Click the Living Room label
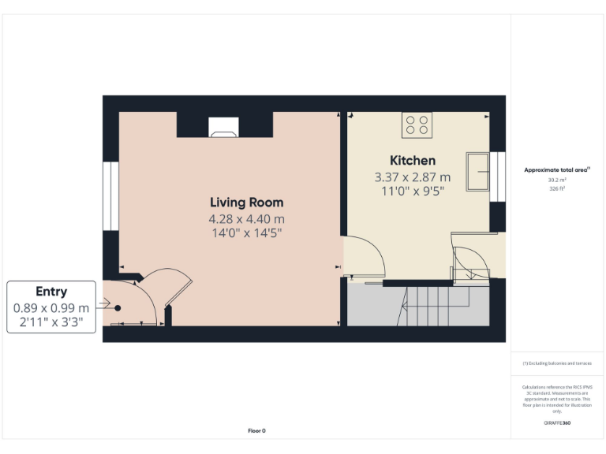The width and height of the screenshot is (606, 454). [x=246, y=203]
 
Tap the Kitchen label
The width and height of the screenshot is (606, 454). [x=412, y=161]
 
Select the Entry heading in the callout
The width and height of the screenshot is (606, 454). [x=51, y=292]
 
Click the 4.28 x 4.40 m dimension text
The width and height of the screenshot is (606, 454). [x=246, y=218]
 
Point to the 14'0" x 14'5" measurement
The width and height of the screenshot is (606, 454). [x=246, y=233]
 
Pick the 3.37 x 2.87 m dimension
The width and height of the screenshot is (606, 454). [x=412, y=177]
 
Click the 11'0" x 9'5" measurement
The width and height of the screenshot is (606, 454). [x=412, y=191]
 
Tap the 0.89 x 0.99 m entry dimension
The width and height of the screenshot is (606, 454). [x=51, y=307]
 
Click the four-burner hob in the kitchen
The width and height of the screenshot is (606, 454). [x=417, y=125]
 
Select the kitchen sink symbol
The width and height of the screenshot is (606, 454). [x=478, y=171]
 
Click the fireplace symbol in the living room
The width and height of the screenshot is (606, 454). [x=223, y=128]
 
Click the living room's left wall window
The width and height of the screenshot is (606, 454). [x=110, y=196]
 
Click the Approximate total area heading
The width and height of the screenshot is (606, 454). [x=557, y=169]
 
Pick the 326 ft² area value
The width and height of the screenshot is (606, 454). [x=557, y=188]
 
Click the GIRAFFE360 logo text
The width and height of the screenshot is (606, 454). [x=557, y=423]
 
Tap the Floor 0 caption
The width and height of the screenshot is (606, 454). [x=256, y=430]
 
